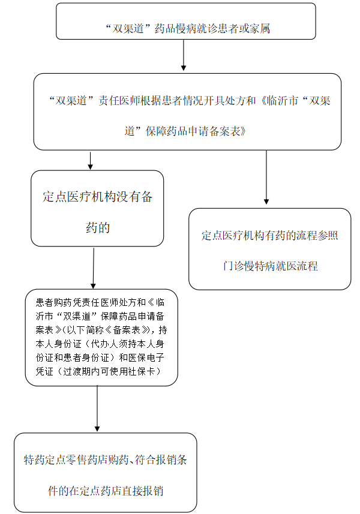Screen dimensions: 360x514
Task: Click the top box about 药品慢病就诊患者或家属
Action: click(186, 22)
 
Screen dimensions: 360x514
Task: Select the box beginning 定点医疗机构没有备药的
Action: click(97, 208)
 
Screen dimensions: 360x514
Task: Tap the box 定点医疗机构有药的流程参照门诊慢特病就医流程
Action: click(270, 249)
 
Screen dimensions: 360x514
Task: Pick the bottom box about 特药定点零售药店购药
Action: click(105, 473)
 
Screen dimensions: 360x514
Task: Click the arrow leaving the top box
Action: click(184, 55)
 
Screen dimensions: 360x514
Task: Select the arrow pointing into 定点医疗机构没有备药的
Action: click(91, 160)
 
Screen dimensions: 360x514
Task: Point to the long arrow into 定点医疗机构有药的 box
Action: click(266, 178)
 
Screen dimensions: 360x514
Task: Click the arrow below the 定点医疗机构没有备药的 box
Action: click(94, 268)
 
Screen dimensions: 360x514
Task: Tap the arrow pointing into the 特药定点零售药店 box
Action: click(97, 409)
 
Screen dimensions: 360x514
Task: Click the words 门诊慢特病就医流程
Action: click(270, 266)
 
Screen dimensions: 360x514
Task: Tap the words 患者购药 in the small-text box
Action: click(54, 302)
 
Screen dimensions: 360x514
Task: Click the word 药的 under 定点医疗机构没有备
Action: click(98, 227)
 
